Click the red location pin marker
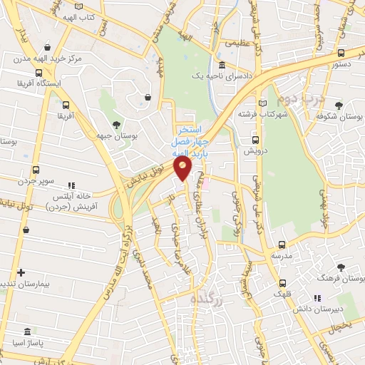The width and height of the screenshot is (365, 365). (183, 170)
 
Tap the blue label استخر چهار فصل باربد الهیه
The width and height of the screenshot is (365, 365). (187, 141)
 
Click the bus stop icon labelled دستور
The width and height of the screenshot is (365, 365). (341, 53)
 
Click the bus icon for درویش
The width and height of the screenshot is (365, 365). (255, 140)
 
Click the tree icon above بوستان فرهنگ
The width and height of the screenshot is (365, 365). (341, 267)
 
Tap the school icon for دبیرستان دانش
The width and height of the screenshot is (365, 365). (317, 298)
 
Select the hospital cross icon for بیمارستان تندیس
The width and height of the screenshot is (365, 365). (21, 272)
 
